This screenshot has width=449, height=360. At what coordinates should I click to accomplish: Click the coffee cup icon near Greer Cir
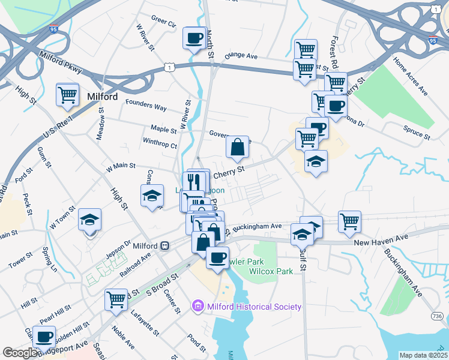[193, 38]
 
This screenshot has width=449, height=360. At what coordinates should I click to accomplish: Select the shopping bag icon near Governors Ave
[237, 146]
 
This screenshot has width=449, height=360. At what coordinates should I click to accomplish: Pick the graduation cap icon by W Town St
[89, 220]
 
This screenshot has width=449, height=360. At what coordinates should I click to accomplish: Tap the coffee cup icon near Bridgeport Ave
[44, 337]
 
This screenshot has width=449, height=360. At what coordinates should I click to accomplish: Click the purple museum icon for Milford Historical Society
[197, 307]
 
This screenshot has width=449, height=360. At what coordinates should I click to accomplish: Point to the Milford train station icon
[164, 246]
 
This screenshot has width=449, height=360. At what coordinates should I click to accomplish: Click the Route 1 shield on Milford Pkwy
[171, 67]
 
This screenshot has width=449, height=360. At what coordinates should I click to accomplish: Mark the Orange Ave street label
[241, 56]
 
